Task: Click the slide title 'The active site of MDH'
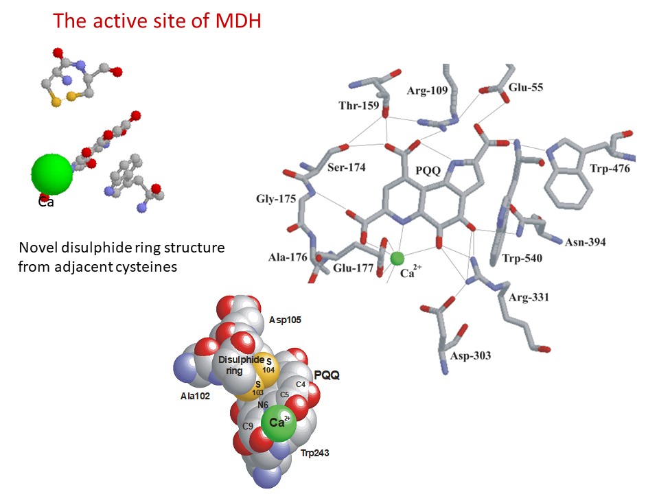tap(157, 21)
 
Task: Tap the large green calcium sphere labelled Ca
tap(51, 174)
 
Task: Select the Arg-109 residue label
tap(427, 91)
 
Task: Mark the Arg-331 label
tap(529, 298)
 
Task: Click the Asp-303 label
tap(471, 355)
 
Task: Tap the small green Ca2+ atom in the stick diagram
tap(397, 258)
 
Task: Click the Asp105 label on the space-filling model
tap(286, 320)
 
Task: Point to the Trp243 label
tap(316, 454)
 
